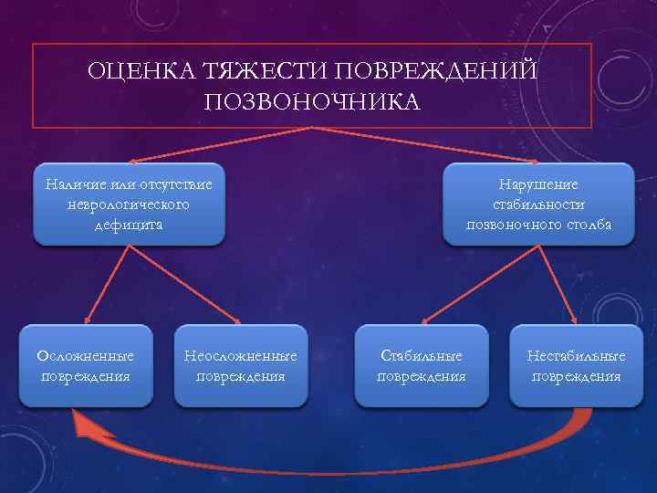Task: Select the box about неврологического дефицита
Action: tap(129, 205)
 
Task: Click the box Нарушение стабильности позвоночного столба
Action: tap(537, 205)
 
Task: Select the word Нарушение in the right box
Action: tap(538, 184)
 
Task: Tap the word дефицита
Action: tap(129, 225)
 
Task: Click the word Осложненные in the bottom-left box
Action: tap(85, 355)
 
